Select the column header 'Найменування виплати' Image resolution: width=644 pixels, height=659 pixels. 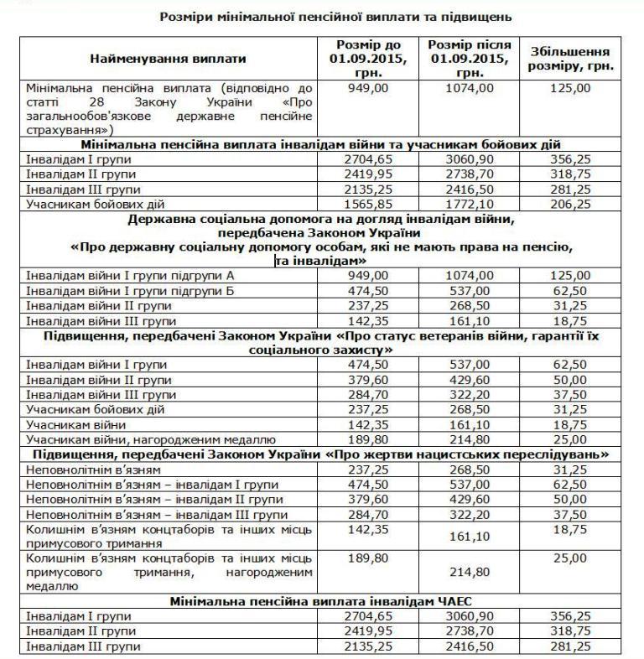click(x=169, y=59)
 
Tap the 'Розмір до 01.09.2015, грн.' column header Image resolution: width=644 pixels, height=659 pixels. click(x=369, y=59)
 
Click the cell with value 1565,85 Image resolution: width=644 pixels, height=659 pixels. click(x=369, y=204)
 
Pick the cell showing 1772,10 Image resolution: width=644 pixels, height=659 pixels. click(x=468, y=204)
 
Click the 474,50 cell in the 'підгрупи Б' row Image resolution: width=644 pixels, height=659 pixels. click(x=369, y=291)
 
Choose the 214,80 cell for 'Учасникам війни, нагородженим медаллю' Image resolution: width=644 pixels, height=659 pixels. click(x=468, y=438)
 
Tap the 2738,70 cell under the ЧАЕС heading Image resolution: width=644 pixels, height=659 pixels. click(x=468, y=631)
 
